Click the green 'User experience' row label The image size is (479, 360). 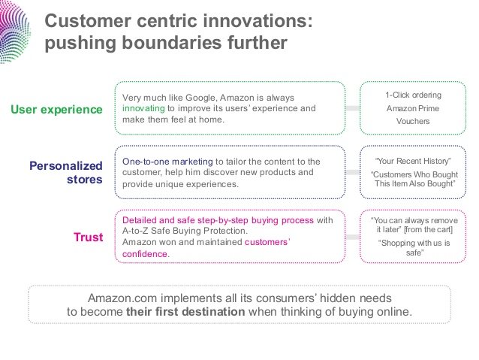pyautogui.click(x=56, y=110)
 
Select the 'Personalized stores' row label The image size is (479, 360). pyautogui.click(x=65, y=172)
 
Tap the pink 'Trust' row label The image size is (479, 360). pyautogui.click(x=89, y=237)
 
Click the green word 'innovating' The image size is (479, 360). pyautogui.click(x=143, y=108)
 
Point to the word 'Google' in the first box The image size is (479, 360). pyautogui.click(x=201, y=98)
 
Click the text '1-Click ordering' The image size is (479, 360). pyautogui.click(x=413, y=95)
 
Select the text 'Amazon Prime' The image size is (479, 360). pyautogui.click(x=413, y=108)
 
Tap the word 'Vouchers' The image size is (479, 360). pyautogui.click(x=413, y=121)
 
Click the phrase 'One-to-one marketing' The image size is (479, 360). pyautogui.click(x=167, y=161)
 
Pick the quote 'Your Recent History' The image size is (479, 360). pyautogui.click(x=413, y=161)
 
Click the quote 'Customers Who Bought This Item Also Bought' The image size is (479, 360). pyautogui.click(x=414, y=179)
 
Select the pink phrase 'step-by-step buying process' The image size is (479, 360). pyautogui.click(x=255, y=220)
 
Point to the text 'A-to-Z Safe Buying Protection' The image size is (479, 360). pyautogui.click(x=184, y=231)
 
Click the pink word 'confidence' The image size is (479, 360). pyautogui.click(x=144, y=254)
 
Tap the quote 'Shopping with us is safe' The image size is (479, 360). pyautogui.click(x=414, y=248)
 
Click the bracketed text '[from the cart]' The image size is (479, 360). pyautogui.click(x=428, y=229)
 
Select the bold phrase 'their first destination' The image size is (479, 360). pyautogui.click(x=185, y=312)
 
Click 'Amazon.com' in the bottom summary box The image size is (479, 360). pyautogui.click(x=122, y=298)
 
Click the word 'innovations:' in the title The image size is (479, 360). pyautogui.click(x=258, y=21)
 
